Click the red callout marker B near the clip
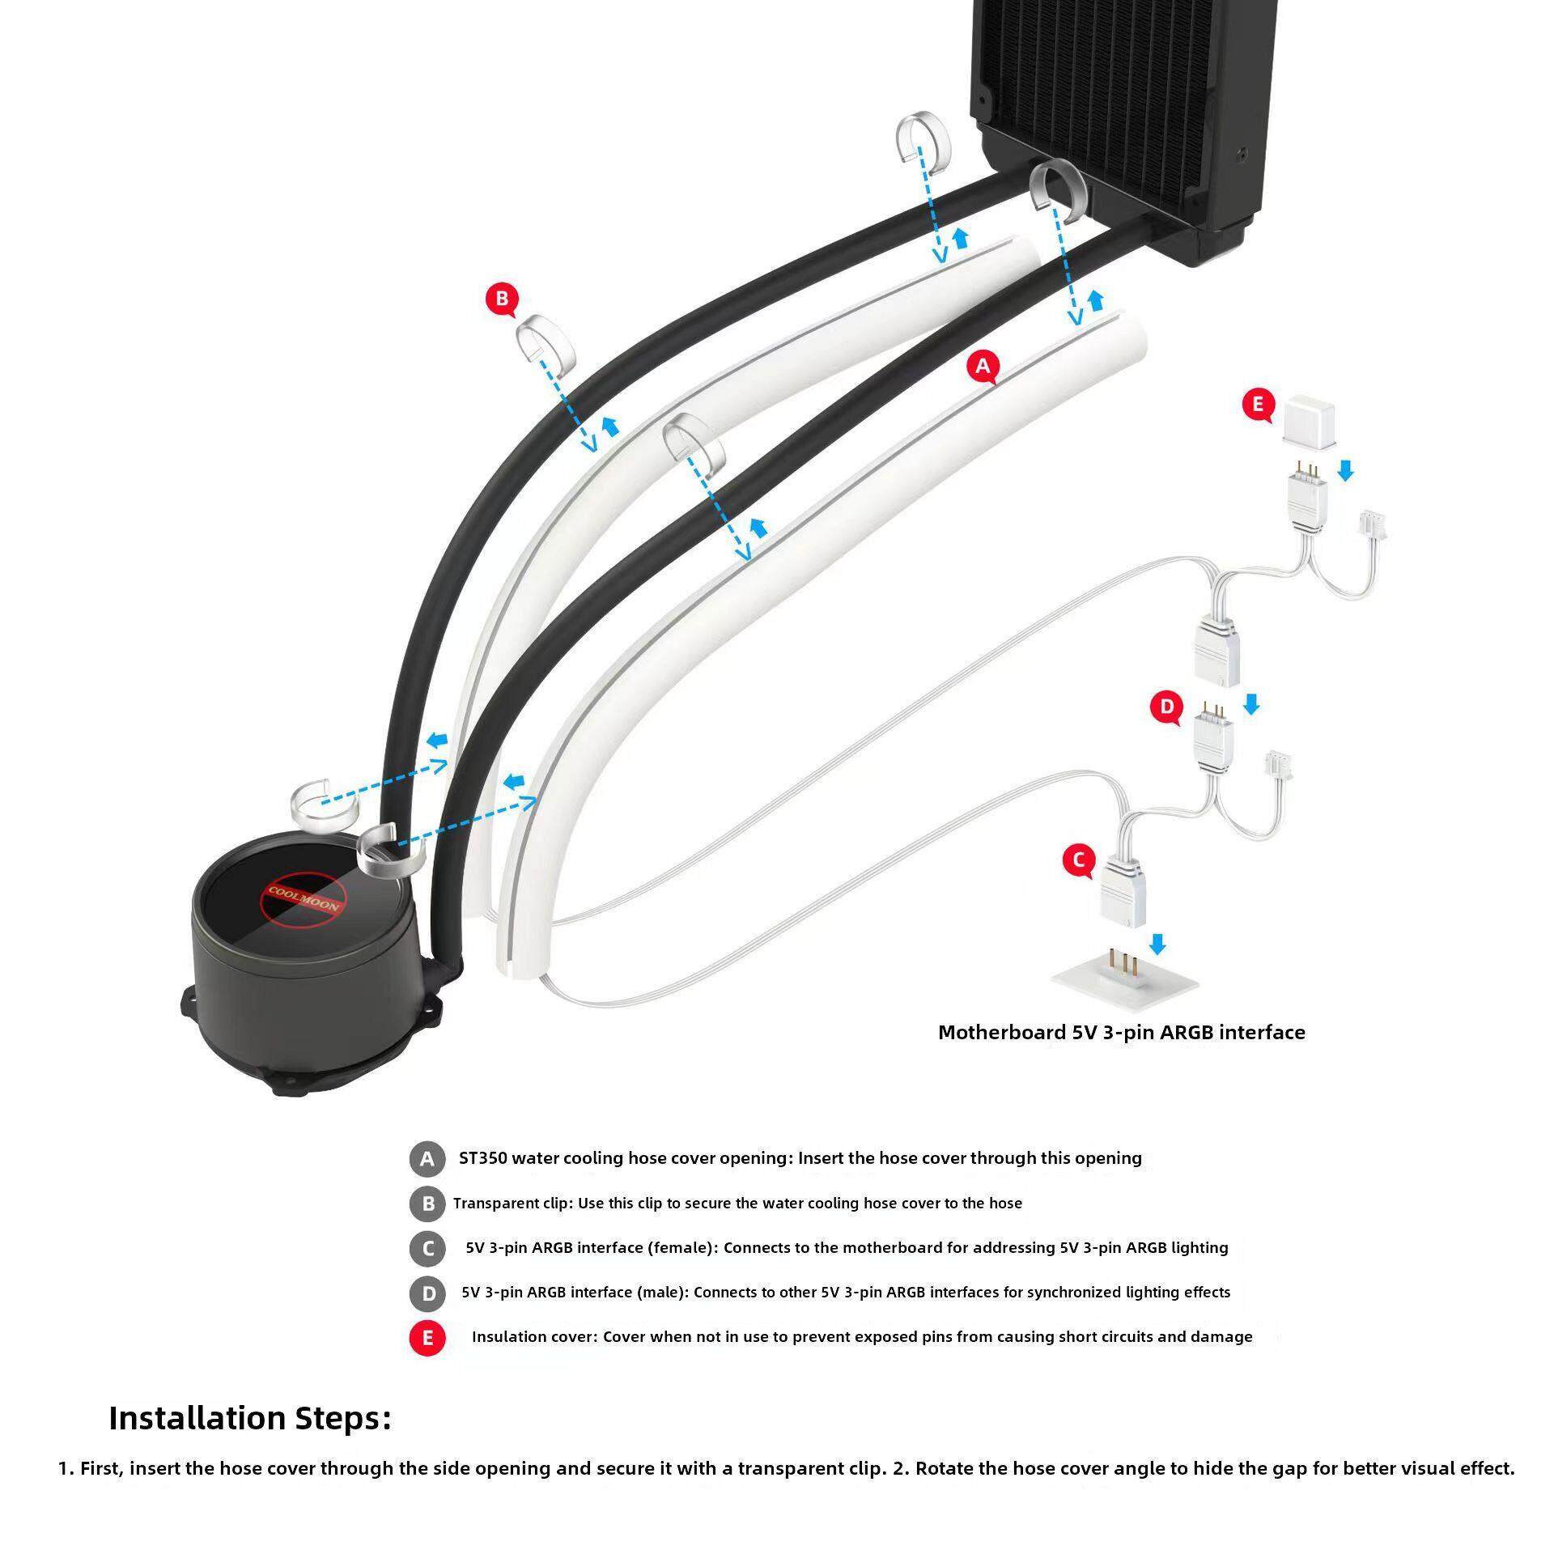(x=502, y=299)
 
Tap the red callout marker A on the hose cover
(x=983, y=366)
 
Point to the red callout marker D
(x=1166, y=707)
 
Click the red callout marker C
(x=1079, y=860)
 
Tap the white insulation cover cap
(x=1306, y=419)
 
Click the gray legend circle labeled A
(x=427, y=1159)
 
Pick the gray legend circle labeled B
(x=427, y=1204)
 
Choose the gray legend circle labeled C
(x=427, y=1248)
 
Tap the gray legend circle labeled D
(x=427, y=1293)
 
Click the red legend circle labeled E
(x=427, y=1337)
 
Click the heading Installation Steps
(x=250, y=1417)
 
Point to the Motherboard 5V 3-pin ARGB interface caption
(x=1121, y=1032)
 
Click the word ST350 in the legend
(x=482, y=1158)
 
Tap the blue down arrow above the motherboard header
(x=1157, y=944)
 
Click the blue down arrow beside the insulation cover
(x=1345, y=470)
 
